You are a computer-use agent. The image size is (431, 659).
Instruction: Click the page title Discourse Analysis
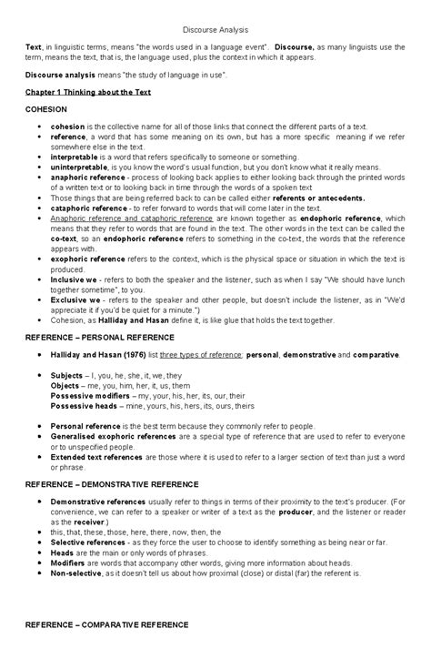coord(215,29)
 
